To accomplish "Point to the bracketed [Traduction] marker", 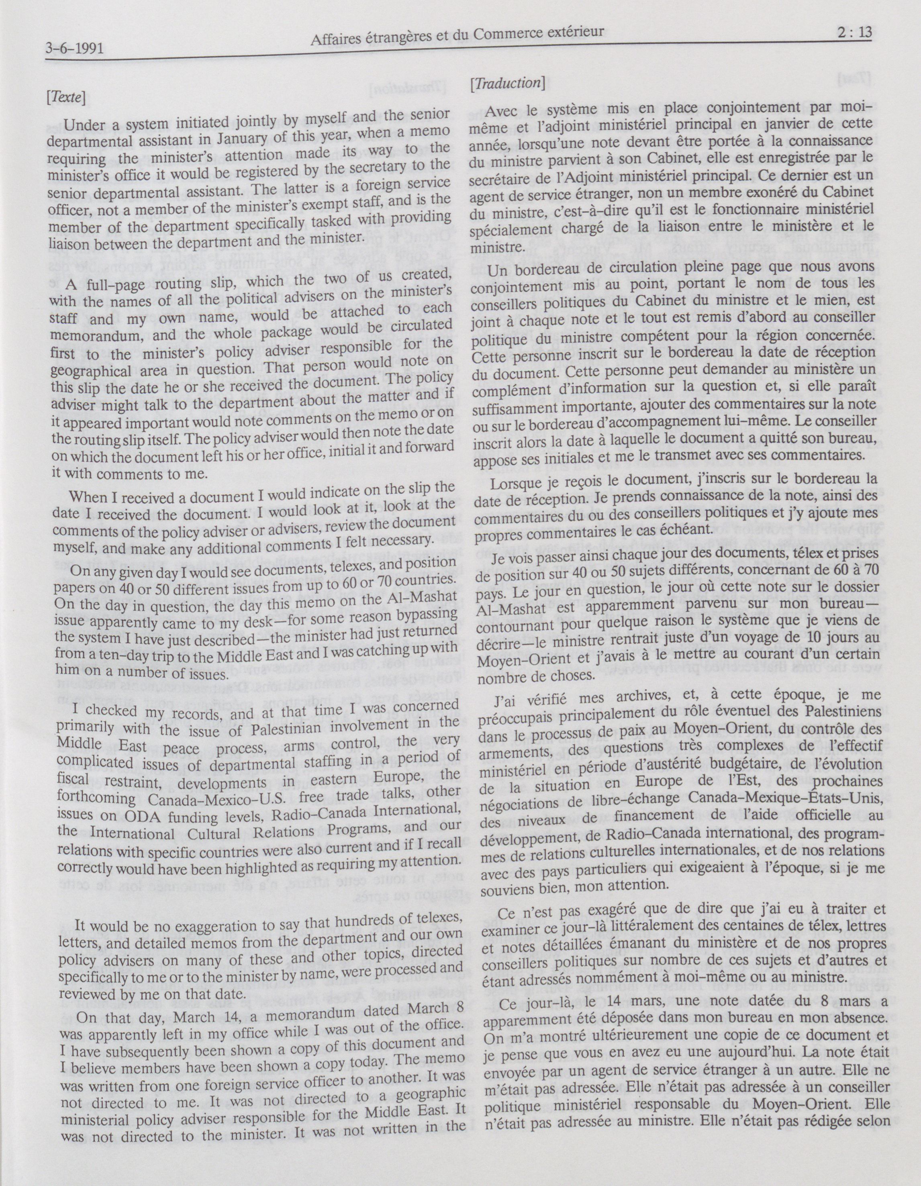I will click(509, 83).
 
